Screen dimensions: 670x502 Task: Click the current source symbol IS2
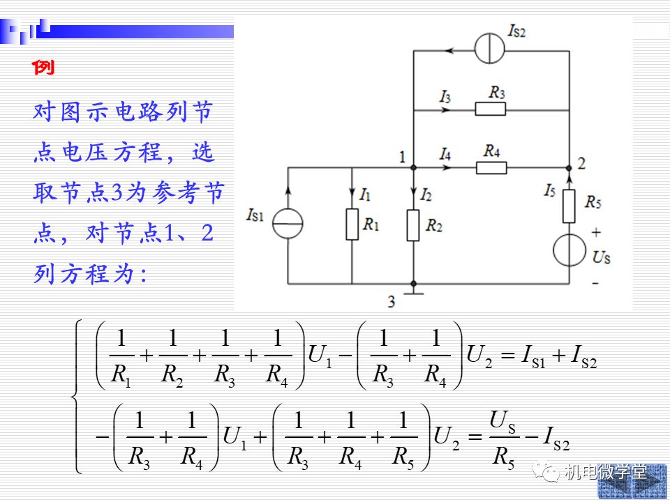pyautogui.click(x=490, y=49)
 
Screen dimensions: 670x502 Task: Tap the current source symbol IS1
pyautogui.click(x=288, y=224)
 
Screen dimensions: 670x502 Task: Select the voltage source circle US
pyautogui.click(x=569, y=250)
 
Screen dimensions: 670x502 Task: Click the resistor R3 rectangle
pyautogui.click(x=491, y=109)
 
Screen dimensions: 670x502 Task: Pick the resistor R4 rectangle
pyautogui.click(x=491, y=168)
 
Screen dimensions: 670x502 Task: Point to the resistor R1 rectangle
pyautogui.click(x=352, y=224)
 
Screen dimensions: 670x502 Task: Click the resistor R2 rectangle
pyautogui.click(x=413, y=225)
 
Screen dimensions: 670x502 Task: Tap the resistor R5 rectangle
pyautogui.click(x=569, y=206)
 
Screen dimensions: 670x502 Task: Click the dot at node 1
pyautogui.click(x=413, y=168)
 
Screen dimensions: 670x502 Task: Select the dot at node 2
pyautogui.click(x=569, y=168)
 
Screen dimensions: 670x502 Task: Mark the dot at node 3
pyautogui.click(x=413, y=284)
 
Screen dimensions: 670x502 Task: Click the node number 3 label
pyautogui.click(x=392, y=302)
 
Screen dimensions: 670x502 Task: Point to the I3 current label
pyautogui.click(x=445, y=97)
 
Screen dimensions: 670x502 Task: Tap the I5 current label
pyautogui.click(x=550, y=191)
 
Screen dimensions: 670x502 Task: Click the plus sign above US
pyautogui.click(x=596, y=232)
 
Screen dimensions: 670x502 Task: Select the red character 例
pyautogui.click(x=43, y=68)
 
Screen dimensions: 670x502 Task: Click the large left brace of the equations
pyautogui.click(x=76, y=397)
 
